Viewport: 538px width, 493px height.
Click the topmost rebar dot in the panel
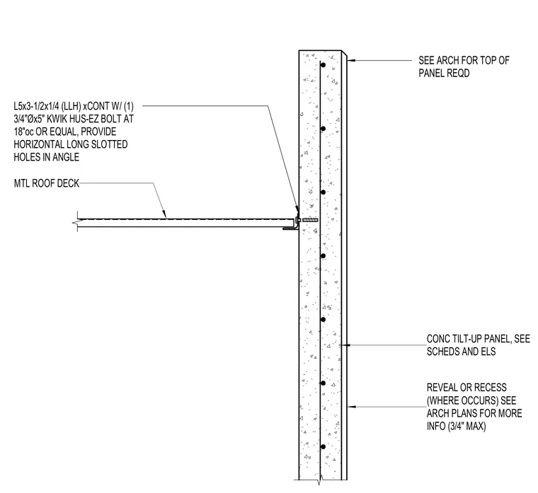323,65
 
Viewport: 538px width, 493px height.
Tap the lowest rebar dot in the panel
323,447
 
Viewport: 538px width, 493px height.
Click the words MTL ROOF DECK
47,183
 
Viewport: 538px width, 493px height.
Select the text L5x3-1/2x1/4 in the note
36,106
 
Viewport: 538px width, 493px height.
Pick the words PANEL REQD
444,73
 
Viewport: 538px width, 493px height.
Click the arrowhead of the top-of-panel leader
350,60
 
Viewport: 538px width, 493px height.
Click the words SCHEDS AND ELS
461,352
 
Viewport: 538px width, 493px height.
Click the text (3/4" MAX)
467,426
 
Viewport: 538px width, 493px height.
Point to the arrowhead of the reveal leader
351,407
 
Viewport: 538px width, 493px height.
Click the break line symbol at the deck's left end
77,222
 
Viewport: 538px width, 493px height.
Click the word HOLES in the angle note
28,157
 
